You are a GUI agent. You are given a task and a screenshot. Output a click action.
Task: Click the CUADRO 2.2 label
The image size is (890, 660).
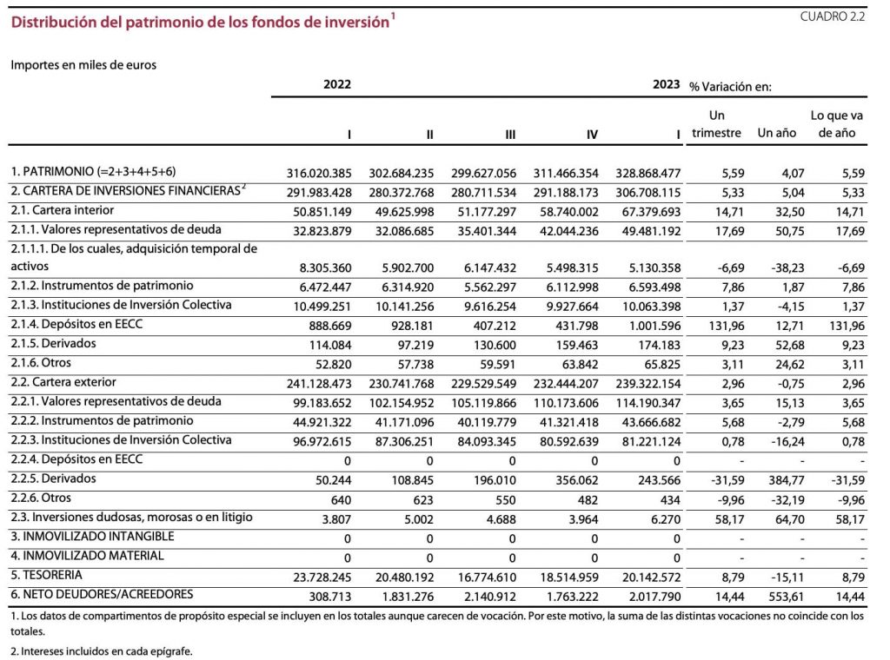(832, 16)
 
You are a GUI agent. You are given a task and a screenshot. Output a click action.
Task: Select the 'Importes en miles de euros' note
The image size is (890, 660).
(83, 64)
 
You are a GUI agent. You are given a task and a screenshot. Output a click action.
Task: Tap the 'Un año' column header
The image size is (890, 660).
(776, 133)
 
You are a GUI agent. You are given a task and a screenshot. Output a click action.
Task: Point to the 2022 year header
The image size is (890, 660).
(337, 84)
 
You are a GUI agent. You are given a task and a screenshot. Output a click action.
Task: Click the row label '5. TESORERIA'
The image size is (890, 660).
(47, 575)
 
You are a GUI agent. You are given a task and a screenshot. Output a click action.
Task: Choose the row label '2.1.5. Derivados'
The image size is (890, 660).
(53, 344)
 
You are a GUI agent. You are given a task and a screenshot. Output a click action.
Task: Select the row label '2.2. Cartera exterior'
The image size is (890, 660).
(63, 382)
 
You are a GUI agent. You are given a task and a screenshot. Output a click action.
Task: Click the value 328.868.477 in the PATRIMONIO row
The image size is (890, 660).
(648, 173)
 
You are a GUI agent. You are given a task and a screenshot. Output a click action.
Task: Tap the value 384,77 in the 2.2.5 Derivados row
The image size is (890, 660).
(786, 481)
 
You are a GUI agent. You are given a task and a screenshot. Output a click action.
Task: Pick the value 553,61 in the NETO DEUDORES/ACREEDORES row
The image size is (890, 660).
(786, 597)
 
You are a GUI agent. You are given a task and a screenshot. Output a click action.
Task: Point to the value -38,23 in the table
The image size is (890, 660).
(787, 267)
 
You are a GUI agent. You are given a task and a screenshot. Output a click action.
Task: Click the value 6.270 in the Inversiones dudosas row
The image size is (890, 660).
(666, 519)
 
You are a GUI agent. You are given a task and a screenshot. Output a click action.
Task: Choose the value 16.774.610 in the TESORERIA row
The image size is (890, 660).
(487, 577)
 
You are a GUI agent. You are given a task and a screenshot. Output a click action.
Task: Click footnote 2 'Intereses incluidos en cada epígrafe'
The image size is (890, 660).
(102, 651)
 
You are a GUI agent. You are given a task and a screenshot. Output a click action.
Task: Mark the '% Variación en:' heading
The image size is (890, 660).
(730, 87)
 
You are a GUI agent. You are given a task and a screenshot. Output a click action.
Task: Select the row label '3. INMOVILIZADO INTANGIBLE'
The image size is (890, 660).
(92, 537)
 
